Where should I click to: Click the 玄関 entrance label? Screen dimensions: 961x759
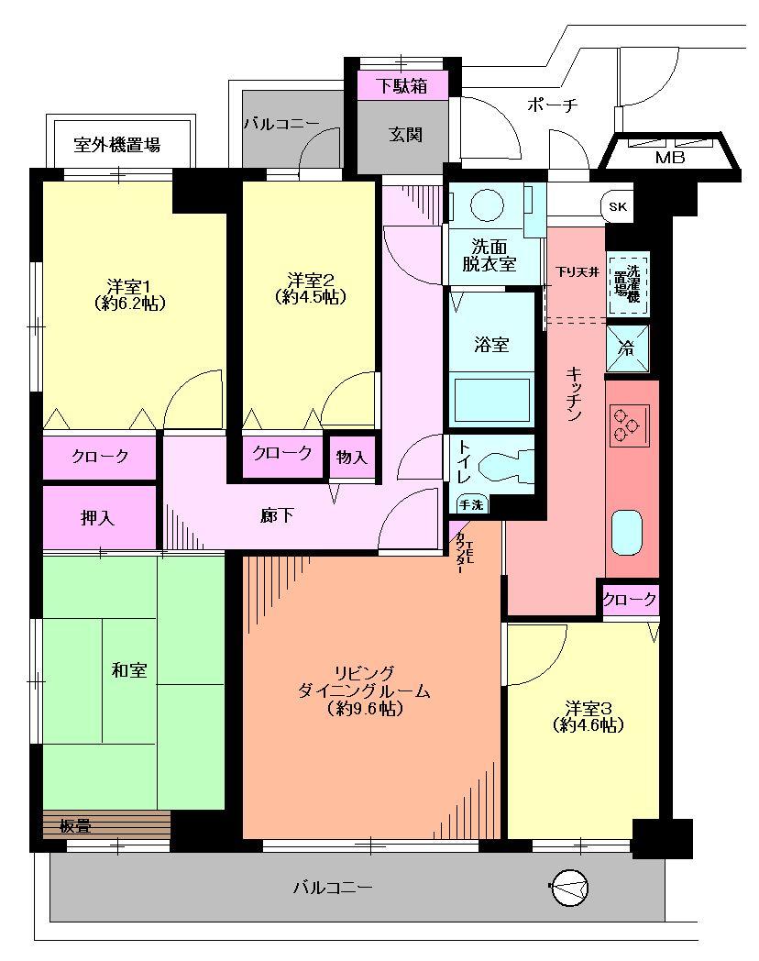click(x=404, y=135)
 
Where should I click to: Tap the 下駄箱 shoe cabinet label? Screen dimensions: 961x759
click(x=403, y=87)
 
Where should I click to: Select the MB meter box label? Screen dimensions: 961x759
click(x=669, y=157)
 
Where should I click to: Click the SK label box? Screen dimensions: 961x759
click(x=617, y=207)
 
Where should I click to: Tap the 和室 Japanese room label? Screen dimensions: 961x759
click(x=126, y=671)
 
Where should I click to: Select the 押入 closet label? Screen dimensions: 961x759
click(x=98, y=519)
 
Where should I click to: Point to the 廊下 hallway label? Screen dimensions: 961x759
click(x=278, y=516)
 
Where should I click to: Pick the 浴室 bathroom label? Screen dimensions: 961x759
click(x=491, y=345)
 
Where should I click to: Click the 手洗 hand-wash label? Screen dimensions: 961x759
click(x=471, y=503)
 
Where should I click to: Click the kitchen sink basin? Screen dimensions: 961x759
click(x=629, y=533)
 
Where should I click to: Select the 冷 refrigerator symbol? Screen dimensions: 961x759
click(x=628, y=348)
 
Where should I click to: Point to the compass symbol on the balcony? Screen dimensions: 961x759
click(x=569, y=887)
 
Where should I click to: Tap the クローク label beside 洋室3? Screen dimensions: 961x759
click(x=629, y=600)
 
